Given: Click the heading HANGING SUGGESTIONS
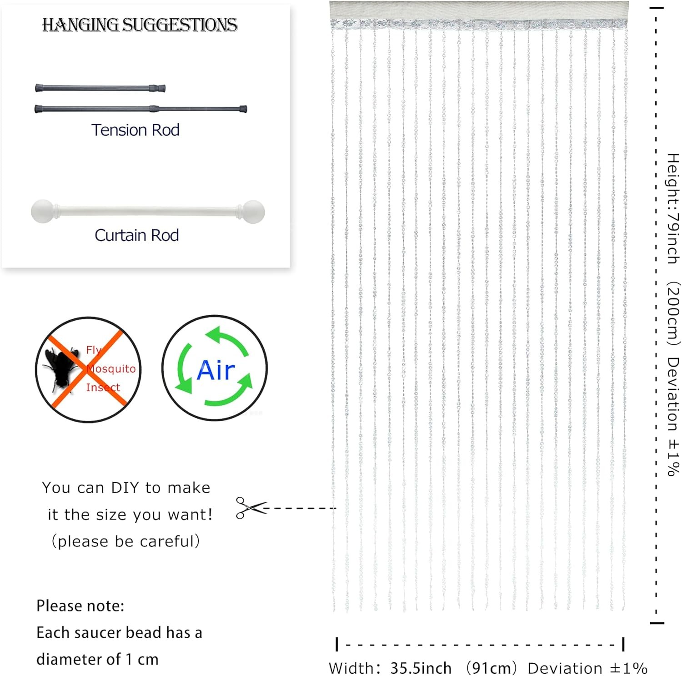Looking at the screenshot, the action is [x=140, y=25].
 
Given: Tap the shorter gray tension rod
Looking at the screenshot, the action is [x=100, y=88].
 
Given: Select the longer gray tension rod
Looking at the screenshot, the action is [x=141, y=109].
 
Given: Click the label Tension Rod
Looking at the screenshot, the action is [x=135, y=130].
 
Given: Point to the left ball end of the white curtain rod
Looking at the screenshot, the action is [x=42, y=212].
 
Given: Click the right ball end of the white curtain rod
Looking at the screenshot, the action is [x=253, y=212].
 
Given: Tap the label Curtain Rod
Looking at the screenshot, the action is [x=136, y=235].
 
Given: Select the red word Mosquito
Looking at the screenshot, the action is [x=111, y=368].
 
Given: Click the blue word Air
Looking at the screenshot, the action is [x=216, y=370].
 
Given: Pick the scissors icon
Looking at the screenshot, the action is [x=251, y=508].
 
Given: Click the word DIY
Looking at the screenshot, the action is [x=125, y=488].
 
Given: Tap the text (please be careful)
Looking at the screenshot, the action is [x=125, y=541].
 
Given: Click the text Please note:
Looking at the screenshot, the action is [x=80, y=606].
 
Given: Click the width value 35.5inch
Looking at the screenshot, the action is [x=421, y=668].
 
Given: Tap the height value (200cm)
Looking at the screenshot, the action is [x=673, y=314].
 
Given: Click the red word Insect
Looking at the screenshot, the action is [x=103, y=387].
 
